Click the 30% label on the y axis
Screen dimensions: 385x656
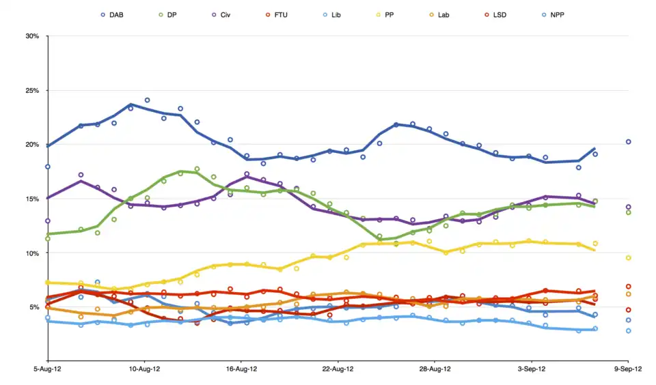tap(31, 36)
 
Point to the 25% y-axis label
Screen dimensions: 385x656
tap(31, 90)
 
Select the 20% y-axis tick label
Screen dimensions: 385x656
tap(31, 145)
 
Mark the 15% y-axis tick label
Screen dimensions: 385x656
tap(31, 199)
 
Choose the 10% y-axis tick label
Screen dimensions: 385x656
tap(31, 253)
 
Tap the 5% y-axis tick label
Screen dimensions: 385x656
tap(33, 307)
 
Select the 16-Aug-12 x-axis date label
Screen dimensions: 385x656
tap(241, 369)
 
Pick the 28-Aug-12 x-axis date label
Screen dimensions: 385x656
tap(435, 369)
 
